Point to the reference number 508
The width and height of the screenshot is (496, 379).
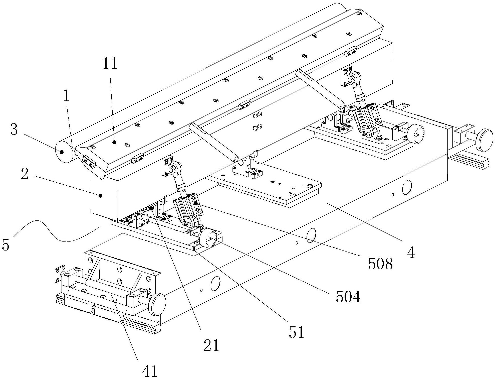380,263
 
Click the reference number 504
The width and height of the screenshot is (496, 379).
348,297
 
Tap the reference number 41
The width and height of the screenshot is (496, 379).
149,371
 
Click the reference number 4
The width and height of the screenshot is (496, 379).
411,253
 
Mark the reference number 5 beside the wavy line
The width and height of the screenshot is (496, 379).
6,245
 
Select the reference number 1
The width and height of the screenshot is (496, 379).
66,96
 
